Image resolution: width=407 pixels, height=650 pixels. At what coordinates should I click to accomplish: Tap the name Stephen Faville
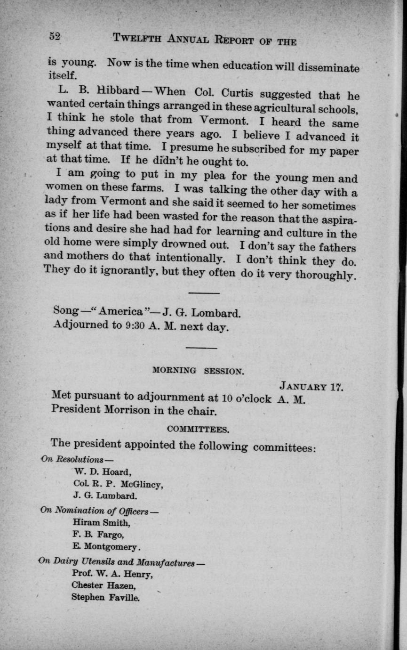(x=105, y=598)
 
